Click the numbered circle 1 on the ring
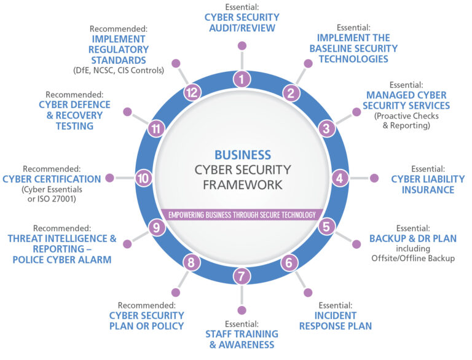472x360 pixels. pyautogui.click(x=242, y=79)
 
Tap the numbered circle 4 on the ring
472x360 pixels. pyautogui.click(x=339, y=178)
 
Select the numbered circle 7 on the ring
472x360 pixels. pyautogui.click(x=242, y=276)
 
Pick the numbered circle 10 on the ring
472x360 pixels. pyautogui.click(x=144, y=178)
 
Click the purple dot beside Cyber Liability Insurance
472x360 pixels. pyautogui.click(x=374, y=178)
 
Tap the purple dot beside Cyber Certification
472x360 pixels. pyautogui.click(x=109, y=178)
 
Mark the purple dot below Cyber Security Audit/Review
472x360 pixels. pyautogui.click(x=242, y=45)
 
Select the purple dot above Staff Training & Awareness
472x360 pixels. pyautogui.click(x=242, y=310)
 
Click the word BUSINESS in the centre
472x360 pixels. pyautogui.click(x=242, y=154)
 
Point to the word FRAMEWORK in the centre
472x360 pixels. pyautogui.click(x=242, y=184)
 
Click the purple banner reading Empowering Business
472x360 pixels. pyautogui.click(x=242, y=214)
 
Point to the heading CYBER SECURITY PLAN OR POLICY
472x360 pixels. pyautogui.click(x=146, y=320)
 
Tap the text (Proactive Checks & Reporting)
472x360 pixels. pyautogui.click(x=407, y=121)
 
